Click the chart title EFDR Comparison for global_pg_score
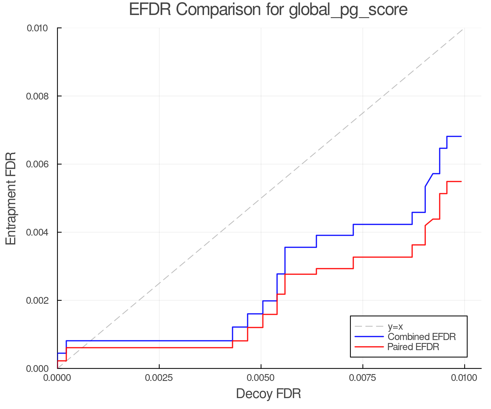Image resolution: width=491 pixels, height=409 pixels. coord(268,10)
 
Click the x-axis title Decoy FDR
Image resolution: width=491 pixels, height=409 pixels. coord(268,394)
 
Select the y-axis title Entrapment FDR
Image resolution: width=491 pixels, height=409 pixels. coord(11,198)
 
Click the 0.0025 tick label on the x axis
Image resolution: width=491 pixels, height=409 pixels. coord(159,378)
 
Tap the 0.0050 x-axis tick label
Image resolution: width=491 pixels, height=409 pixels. coord(261,378)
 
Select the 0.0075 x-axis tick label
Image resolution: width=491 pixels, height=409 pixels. coord(363,378)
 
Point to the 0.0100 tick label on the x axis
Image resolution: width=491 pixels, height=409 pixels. coord(464,378)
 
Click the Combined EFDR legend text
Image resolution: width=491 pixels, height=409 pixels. coord(422,337)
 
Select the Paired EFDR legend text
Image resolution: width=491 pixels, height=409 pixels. coord(413,347)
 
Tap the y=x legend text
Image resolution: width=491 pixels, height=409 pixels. coord(395,326)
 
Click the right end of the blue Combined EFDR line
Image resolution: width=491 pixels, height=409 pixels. coord(461,136)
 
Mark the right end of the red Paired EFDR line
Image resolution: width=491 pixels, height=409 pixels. coord(461,182)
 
